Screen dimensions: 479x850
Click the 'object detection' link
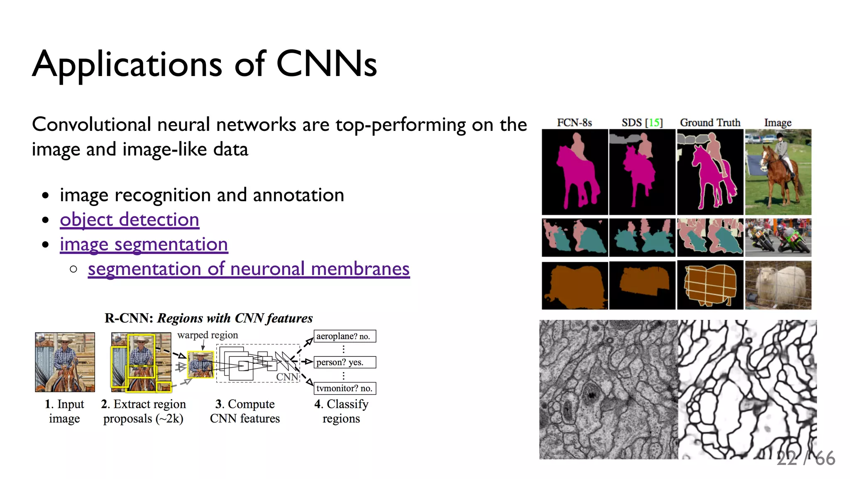129,220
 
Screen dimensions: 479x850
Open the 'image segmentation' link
144,244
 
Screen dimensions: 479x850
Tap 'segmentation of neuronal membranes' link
249,269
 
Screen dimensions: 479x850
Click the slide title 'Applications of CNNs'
205,64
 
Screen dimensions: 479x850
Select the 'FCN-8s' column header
574,123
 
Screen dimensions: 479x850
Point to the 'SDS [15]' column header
642,123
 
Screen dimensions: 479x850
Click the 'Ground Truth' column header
710,123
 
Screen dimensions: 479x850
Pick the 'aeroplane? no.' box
344,336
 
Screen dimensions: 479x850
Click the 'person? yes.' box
344,362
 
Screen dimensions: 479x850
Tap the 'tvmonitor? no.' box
344,388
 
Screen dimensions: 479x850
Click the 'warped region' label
208,335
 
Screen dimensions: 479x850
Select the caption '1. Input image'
64,411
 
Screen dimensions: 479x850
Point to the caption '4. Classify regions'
341,411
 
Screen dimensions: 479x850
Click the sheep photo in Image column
778,285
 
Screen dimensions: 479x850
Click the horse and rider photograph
778,172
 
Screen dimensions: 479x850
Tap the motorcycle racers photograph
778,237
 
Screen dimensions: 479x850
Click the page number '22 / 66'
806,459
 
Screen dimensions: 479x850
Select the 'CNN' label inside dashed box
287,376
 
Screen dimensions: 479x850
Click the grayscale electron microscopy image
608,389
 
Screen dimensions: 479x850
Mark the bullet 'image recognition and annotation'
202,195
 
